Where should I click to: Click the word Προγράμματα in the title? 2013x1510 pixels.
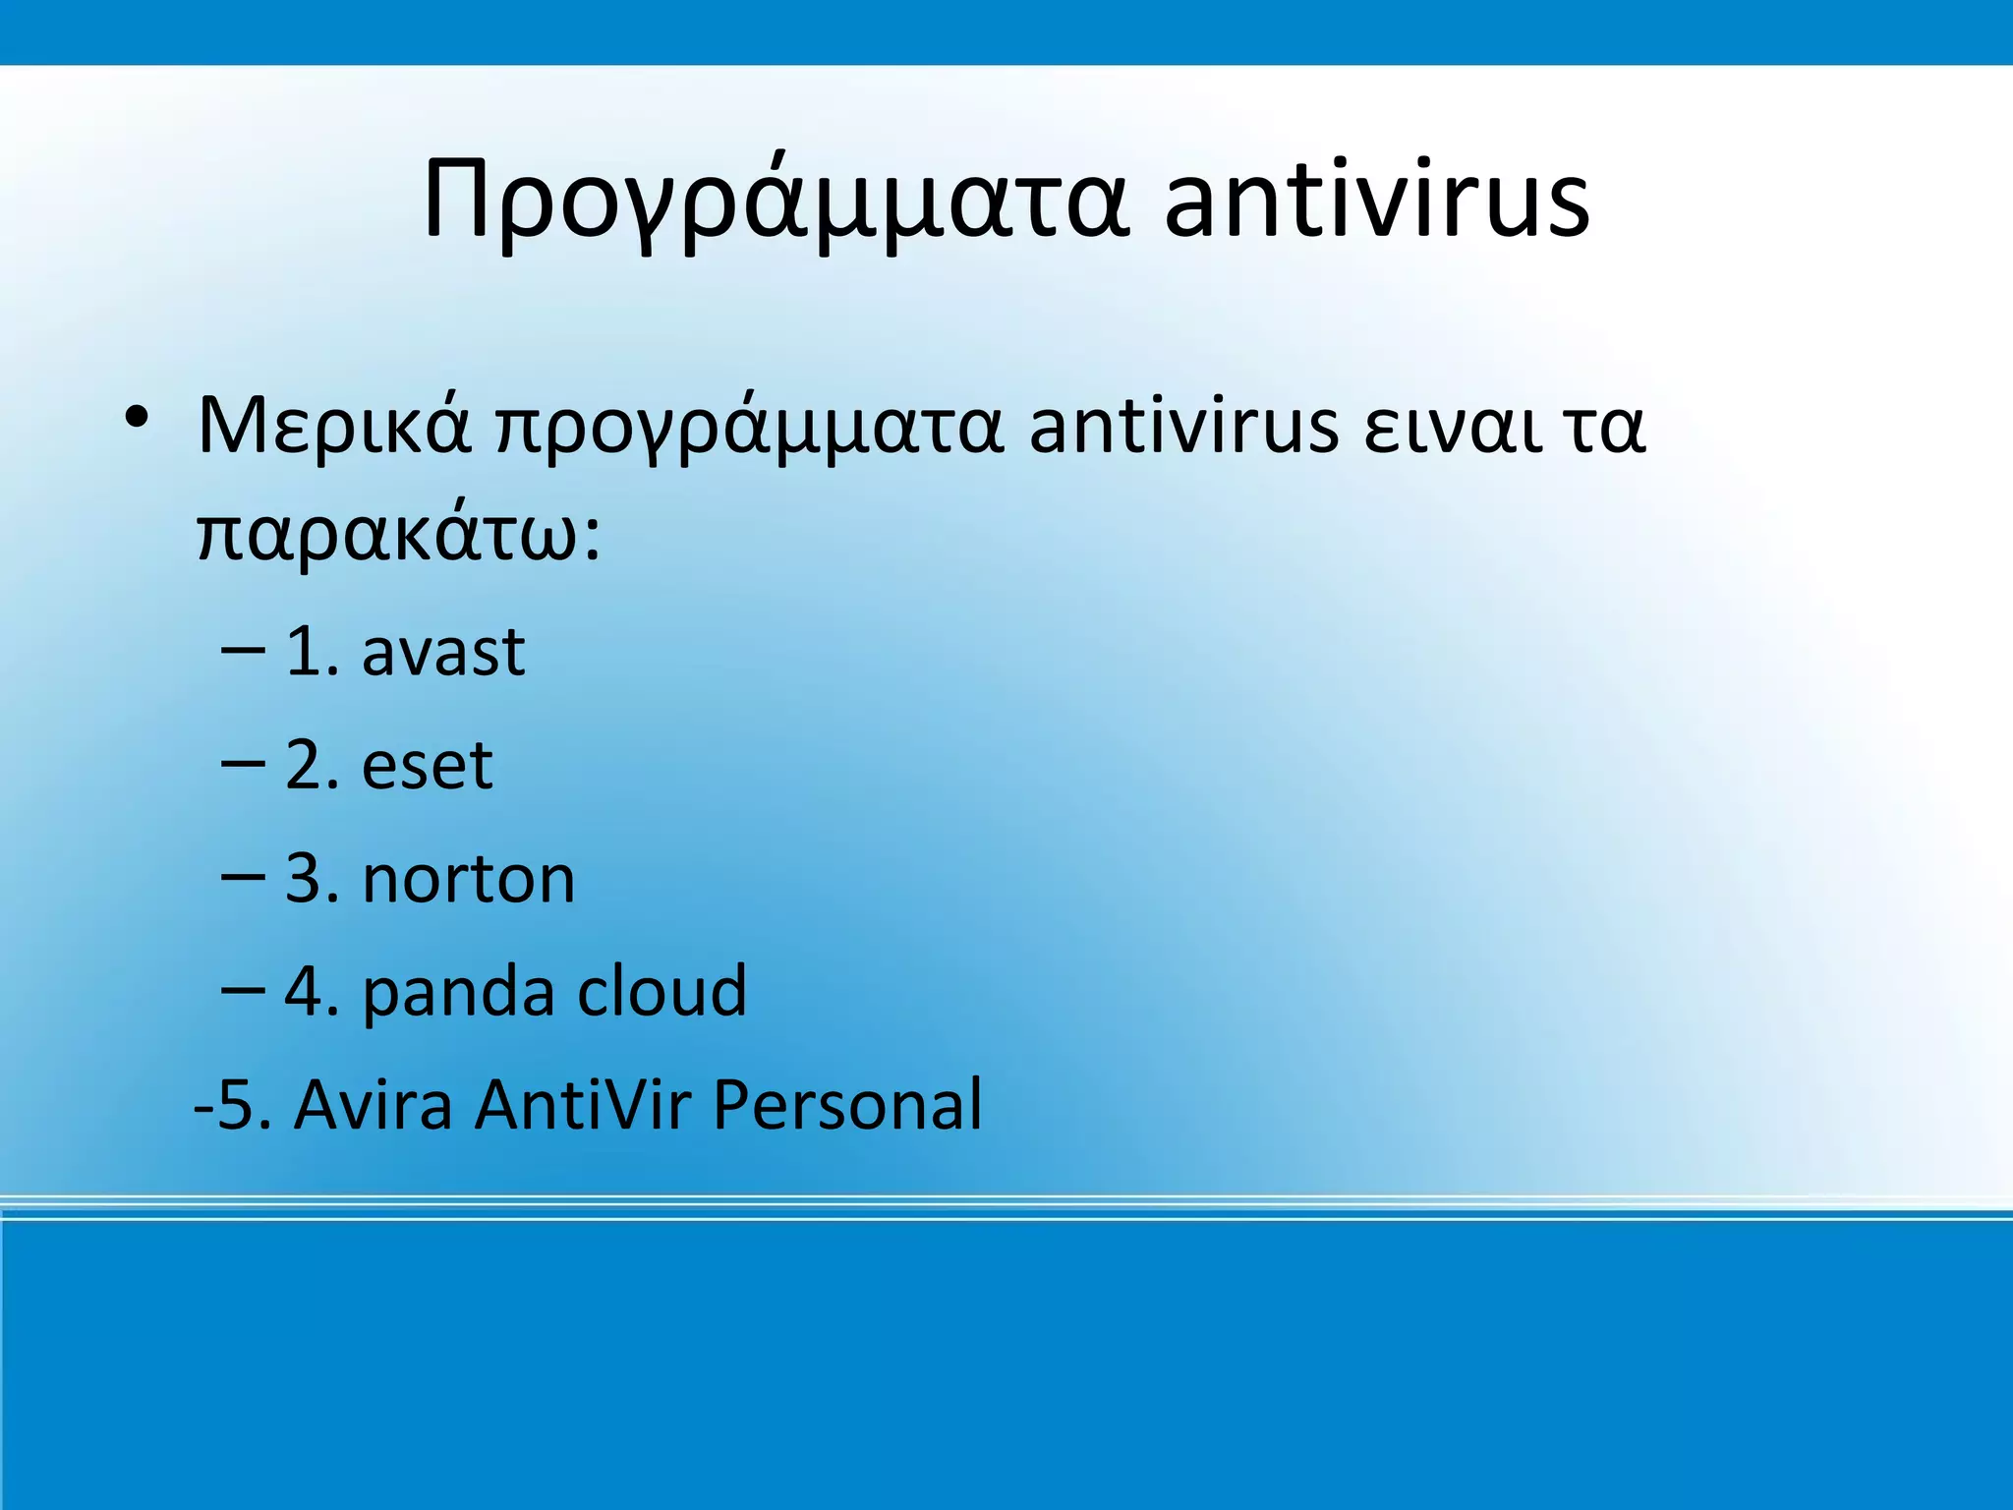tap(776, 202)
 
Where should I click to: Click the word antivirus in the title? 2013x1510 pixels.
tap(1376, 202)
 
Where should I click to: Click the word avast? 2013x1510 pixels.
tap(443, 653)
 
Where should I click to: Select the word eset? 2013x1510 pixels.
tap(427, 766)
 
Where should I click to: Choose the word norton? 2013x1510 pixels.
tap(469, 879)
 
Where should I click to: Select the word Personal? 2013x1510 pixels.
tap(846, 1105)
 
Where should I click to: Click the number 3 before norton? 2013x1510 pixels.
tap(304, 879)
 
